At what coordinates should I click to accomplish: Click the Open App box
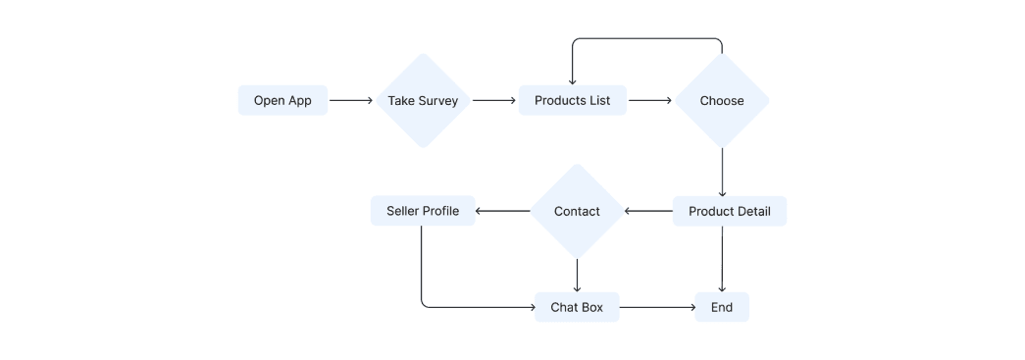282,100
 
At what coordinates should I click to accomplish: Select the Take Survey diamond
423,100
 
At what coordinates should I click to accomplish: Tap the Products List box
572,100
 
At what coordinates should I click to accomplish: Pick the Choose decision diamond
722,100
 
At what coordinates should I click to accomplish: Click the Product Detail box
729,211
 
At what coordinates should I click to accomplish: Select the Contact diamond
577,211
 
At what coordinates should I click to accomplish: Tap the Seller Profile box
422,211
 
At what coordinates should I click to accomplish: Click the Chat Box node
577,307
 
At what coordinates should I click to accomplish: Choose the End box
722,307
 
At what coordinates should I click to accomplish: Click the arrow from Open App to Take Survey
351,100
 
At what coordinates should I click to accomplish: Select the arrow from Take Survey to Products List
494,100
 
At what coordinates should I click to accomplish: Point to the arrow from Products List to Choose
649,100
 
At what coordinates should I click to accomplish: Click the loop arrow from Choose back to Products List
647,39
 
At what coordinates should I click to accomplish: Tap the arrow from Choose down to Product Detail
722,172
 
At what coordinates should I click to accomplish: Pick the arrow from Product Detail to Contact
648,211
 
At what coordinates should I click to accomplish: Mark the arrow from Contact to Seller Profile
502,211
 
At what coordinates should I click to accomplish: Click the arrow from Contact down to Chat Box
577,275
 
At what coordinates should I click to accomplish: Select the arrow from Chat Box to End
657,307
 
